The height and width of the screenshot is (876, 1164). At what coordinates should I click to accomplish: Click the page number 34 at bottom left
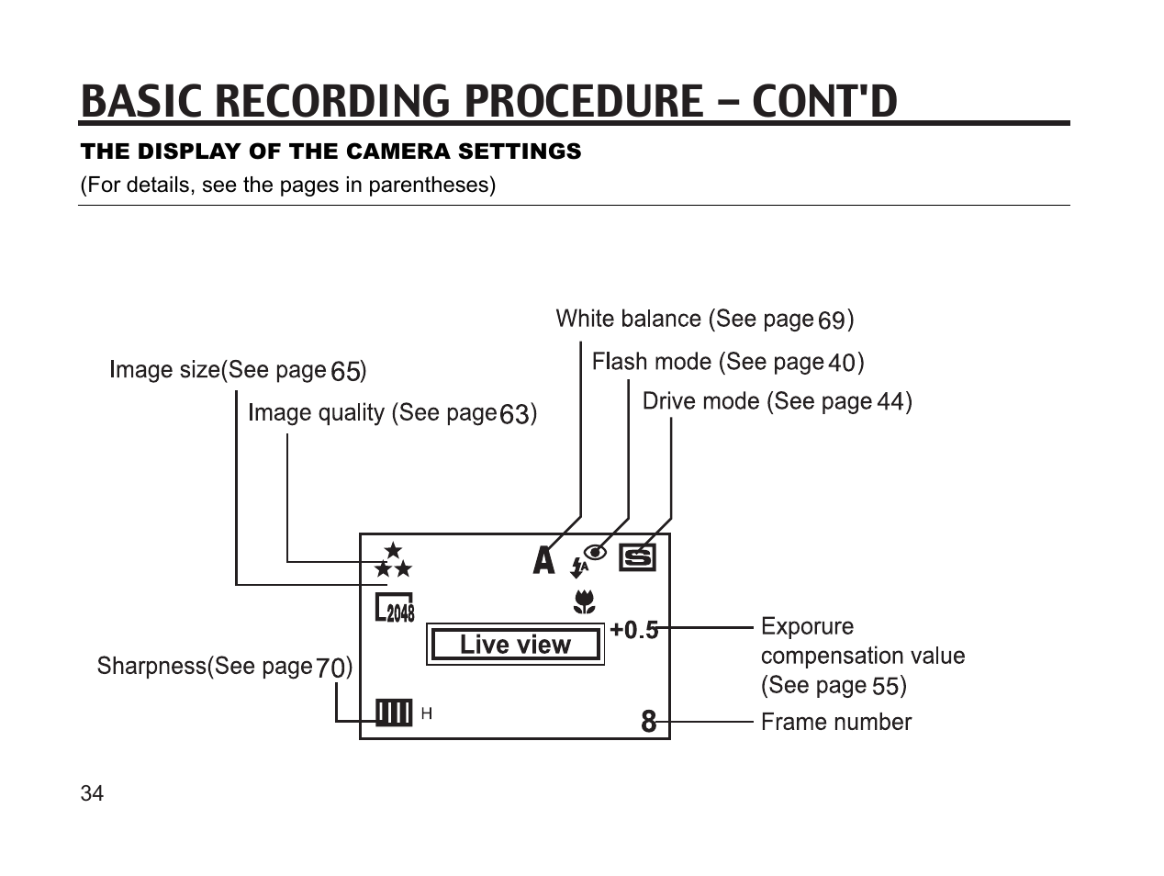(92, 793)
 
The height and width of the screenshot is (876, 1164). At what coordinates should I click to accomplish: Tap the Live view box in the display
(515, 645)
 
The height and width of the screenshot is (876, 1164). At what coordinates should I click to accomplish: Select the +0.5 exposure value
(634, 630)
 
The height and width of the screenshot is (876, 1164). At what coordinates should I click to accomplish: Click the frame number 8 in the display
(649, 722)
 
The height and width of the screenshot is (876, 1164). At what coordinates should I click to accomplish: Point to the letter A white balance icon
(544, 560)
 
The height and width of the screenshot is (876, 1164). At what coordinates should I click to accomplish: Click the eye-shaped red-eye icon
(596, 552)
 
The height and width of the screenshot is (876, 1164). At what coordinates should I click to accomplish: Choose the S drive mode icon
(638, 557)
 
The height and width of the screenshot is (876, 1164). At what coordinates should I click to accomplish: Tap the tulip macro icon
(584, 602)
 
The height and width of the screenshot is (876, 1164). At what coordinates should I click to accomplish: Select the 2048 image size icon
(395, 609)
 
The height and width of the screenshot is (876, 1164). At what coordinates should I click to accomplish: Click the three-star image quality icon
(394, 560)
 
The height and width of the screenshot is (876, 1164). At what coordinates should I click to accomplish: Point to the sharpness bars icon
(394, 713)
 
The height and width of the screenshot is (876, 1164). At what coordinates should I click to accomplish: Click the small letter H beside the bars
(426, 713)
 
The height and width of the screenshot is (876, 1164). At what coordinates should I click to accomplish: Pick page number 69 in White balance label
(832, 320)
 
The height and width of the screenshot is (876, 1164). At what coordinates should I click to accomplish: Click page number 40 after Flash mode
(842, 364)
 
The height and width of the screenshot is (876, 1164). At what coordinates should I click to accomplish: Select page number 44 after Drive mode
(890, 402)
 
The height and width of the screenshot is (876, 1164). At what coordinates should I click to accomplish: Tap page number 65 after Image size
(345, 372)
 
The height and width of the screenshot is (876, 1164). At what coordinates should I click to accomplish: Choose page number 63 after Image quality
(515, 415)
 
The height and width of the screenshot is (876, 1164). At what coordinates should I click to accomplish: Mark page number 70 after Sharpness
(331, 668)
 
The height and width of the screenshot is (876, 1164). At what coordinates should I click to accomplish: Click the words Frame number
(836, 723)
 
